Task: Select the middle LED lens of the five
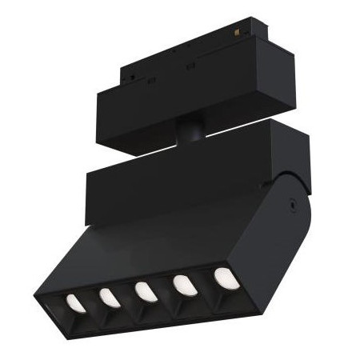coord(146,291)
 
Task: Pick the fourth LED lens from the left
coord(184,285)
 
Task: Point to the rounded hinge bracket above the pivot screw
coord(300,180)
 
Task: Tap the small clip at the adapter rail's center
coord(191,66)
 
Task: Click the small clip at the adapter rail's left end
coord(128,78)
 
